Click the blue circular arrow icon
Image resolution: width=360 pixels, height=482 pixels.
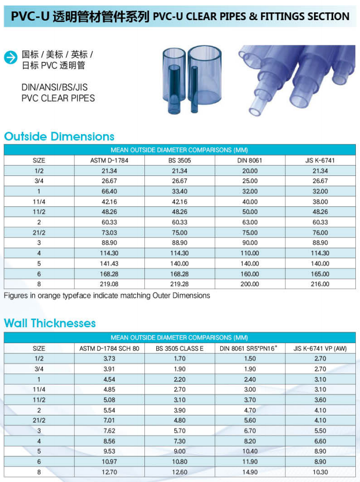tap(11, 58)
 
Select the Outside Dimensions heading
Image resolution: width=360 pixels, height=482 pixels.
tap(59, 137)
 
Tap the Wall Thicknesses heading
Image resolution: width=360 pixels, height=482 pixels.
tap(50, 324)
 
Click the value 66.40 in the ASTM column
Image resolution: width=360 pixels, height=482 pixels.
tap(109, 191)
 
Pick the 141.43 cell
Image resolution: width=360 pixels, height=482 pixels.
tap(109, 264)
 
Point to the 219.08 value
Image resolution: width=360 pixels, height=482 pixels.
tap(109, 284)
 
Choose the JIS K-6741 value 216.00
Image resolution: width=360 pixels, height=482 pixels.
tap(320, 284)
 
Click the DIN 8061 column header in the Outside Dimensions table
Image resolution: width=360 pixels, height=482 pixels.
tap(250, 160)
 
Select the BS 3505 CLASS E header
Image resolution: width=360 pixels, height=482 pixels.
tap(179, 349)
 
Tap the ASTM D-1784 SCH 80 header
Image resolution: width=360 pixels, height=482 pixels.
tap(109, 349)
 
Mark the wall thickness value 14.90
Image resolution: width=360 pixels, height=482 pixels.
tap(250, 472)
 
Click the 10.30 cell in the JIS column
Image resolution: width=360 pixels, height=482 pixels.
tap(320, 472)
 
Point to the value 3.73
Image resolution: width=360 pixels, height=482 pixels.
tap(109, 359)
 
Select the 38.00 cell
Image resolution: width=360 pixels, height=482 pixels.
tap(320, 202)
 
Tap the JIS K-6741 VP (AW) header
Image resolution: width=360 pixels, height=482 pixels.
tap(320, 349)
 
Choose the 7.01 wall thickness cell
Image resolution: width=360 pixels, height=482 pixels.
tap(109, 421)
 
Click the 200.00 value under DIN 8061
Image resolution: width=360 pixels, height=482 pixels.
tap(250, 284)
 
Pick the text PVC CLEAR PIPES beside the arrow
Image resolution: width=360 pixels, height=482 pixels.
tap(58, 98)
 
